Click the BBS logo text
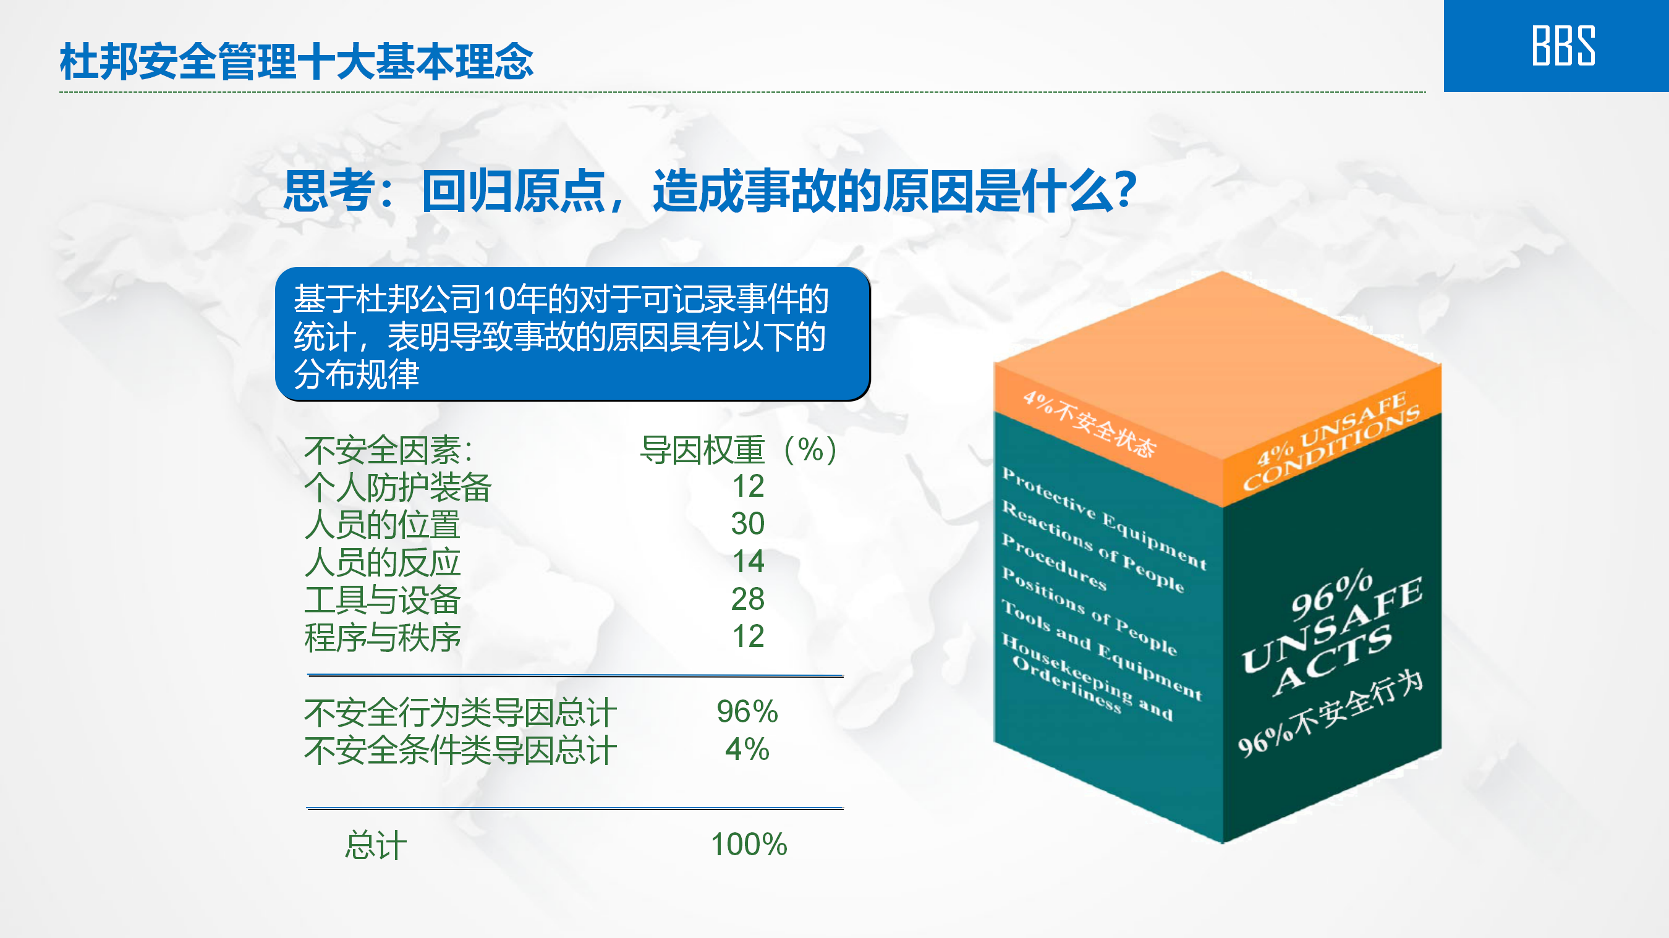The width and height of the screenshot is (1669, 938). pyautogui.click(x=1563, y=45)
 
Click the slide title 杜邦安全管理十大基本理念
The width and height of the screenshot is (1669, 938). pyautogui.click(x=296, y=62)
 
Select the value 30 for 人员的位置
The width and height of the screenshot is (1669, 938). pyautogui.click(x=748, y=523)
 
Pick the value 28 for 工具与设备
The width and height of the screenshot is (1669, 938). pyautogui.click(x=748, y=599)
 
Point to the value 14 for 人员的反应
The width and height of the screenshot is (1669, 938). pyautogui.click(x=749, y=561)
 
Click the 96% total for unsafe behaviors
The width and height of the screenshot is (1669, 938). pyautogui.click(x=747, y=711)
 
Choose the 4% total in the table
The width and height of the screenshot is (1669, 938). pyautogui.click(x=747, y=750)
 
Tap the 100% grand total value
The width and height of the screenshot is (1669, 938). pyautogui.click(x=749, y=844)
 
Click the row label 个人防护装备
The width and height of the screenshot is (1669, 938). pyautogui.click(x=398, y=487)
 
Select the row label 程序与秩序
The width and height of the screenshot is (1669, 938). pyautogui.click(x=382, y=638)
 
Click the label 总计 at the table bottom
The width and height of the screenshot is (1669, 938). pyautogui.click(x=376, y=845)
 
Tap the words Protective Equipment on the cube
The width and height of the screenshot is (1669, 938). pyautogui.click(x=1104, y=518)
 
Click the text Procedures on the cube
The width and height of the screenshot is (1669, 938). pyautogui.click(x=1054, y=561)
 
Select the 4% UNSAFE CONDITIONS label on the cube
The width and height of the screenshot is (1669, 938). pyautogui.click(x=1331, y=441)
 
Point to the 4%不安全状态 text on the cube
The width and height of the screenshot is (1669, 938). pyautogui.click(x=1089, y=425)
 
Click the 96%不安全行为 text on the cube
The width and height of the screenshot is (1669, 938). pyautogui.click(x=1330, y=712)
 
